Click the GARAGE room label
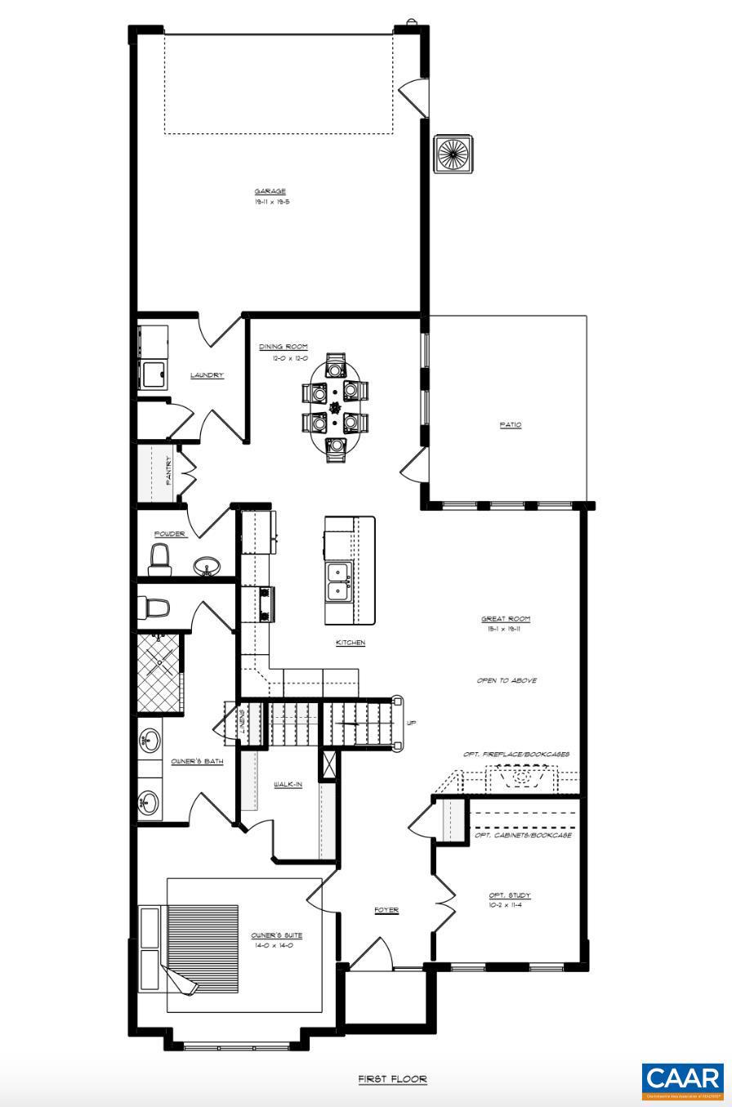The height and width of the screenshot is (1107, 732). coord(270,191)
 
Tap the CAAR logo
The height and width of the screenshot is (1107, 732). coord(682,1081)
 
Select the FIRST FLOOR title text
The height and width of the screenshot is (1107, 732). coord(392,1079)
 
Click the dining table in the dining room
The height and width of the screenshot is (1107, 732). coord(335,407)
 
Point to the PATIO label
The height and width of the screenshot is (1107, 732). coord(511,424)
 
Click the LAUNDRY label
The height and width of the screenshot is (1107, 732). coord(207,375)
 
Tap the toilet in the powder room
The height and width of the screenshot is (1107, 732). coord(160,559)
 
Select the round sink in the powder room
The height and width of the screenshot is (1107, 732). coord(207,566)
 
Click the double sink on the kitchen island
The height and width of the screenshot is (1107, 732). coord(338,581)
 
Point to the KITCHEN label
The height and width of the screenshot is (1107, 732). coord(350,643)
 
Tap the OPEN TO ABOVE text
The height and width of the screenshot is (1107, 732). coord(507,680)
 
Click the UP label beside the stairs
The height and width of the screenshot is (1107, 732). coord(411,723)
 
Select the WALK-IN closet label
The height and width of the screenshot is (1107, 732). coord(288,785)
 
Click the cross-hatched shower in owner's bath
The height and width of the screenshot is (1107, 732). coord(158,672)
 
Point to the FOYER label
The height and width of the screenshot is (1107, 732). coord(386,910)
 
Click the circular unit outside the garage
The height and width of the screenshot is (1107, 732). coord(453,154)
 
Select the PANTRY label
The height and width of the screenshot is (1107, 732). coord(169,471)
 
